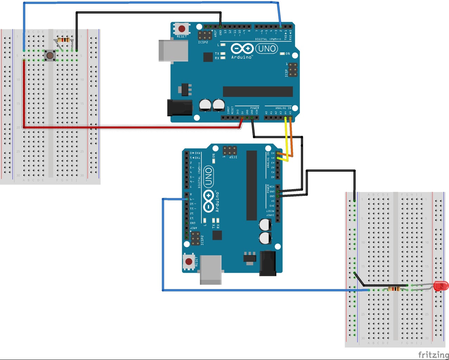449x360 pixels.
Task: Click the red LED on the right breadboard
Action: [441, 286]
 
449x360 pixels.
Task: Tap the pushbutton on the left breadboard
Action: [50, 56]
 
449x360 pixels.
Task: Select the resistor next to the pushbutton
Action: [64, 40]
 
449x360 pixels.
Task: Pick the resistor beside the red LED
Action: [394, 289]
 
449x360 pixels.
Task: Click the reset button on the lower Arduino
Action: [189, 262]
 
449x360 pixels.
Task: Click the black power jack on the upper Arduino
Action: [180, 108]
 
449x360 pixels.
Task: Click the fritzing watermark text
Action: [433, 354]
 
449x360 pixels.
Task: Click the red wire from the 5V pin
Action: [130, 127]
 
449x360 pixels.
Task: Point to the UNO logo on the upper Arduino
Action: [266, 48]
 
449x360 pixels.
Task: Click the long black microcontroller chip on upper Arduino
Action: [258, 91]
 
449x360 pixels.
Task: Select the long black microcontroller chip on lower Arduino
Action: [251, 185]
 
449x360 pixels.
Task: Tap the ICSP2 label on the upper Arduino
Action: [203, 42]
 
